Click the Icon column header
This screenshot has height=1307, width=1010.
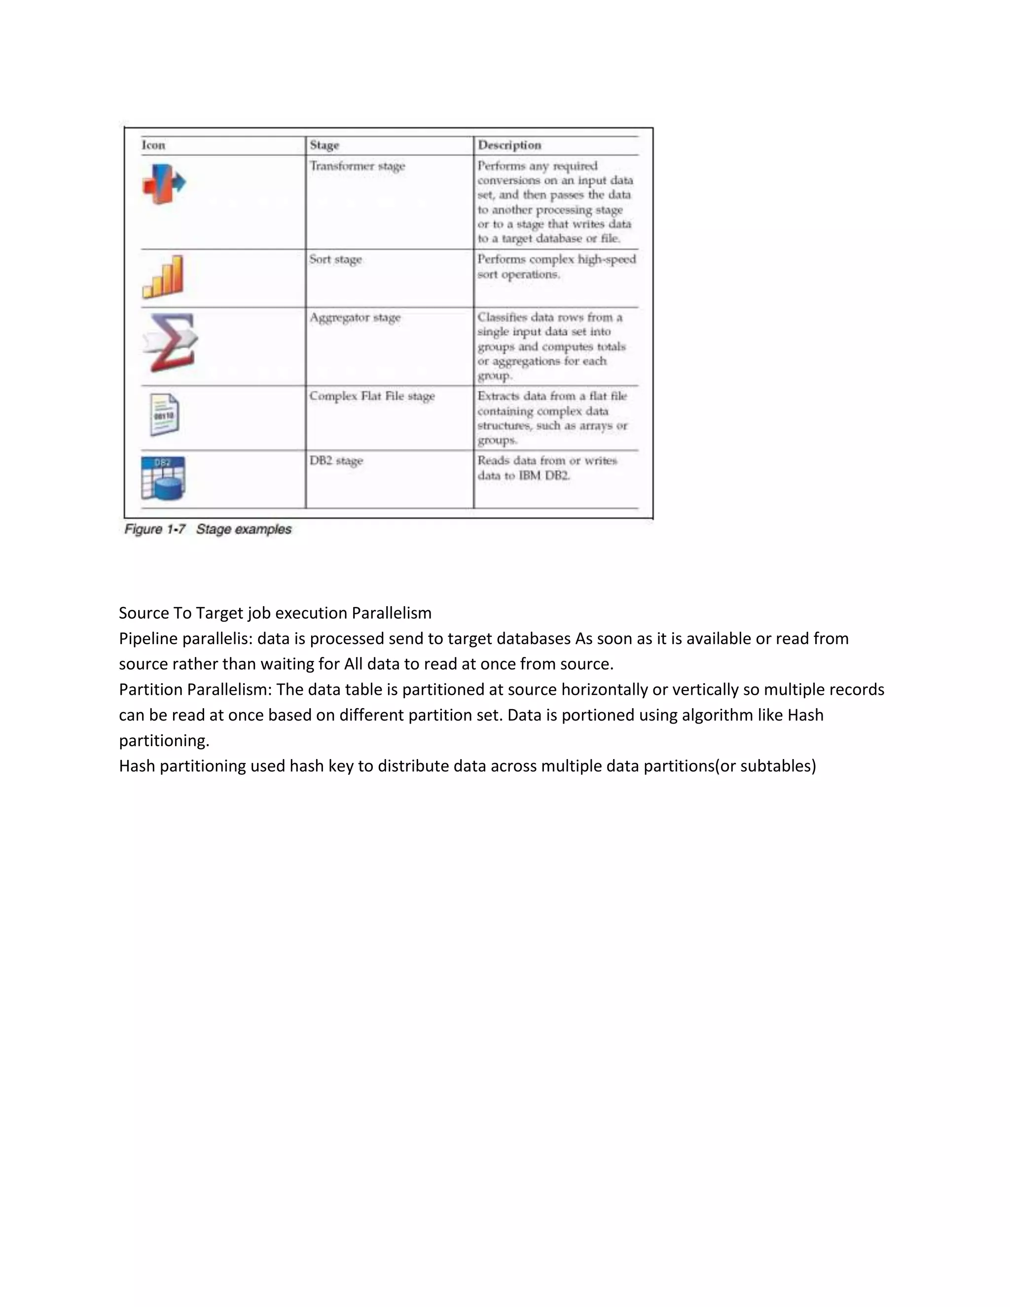coord(153,145)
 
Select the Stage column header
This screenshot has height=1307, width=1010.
coord(325,145)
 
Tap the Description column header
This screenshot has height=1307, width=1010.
coord(509,145)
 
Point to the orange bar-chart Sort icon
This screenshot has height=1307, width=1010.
coord(163,277)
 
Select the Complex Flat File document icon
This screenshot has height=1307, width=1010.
coord(164,414)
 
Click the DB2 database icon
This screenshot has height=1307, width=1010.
coord(163,478)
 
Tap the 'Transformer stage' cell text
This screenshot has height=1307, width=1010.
coord(357,166)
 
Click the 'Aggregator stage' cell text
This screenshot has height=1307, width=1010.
coord(355,318)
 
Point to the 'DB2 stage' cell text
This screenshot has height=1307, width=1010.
coord(336,461)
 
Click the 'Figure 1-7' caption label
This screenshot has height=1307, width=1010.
coord(155,529)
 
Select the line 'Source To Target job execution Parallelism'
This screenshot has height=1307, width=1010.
coord(275,613)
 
